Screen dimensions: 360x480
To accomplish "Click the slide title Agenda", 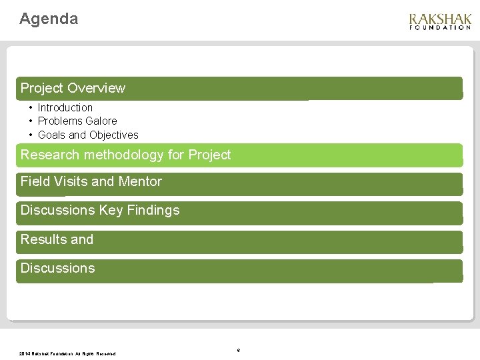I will (49, 19).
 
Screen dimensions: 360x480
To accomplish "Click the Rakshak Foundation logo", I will (440, 21).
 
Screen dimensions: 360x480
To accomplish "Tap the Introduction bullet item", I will (65, 107).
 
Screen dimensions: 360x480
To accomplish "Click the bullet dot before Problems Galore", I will (31, 121).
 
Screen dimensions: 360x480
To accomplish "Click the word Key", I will (110, 210).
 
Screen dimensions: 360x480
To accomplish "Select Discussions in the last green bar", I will (57, 268).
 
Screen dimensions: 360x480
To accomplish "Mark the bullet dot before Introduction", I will (31, 107).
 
